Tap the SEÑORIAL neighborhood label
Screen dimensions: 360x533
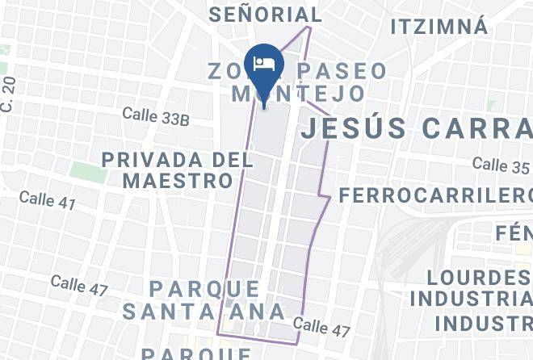265,15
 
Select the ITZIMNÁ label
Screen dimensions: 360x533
439,27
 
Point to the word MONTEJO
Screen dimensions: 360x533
298,94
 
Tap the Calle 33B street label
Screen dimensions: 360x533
156,117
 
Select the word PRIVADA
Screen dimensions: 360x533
149,160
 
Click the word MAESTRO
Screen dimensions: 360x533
178,180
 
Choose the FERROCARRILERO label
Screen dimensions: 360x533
435,196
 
